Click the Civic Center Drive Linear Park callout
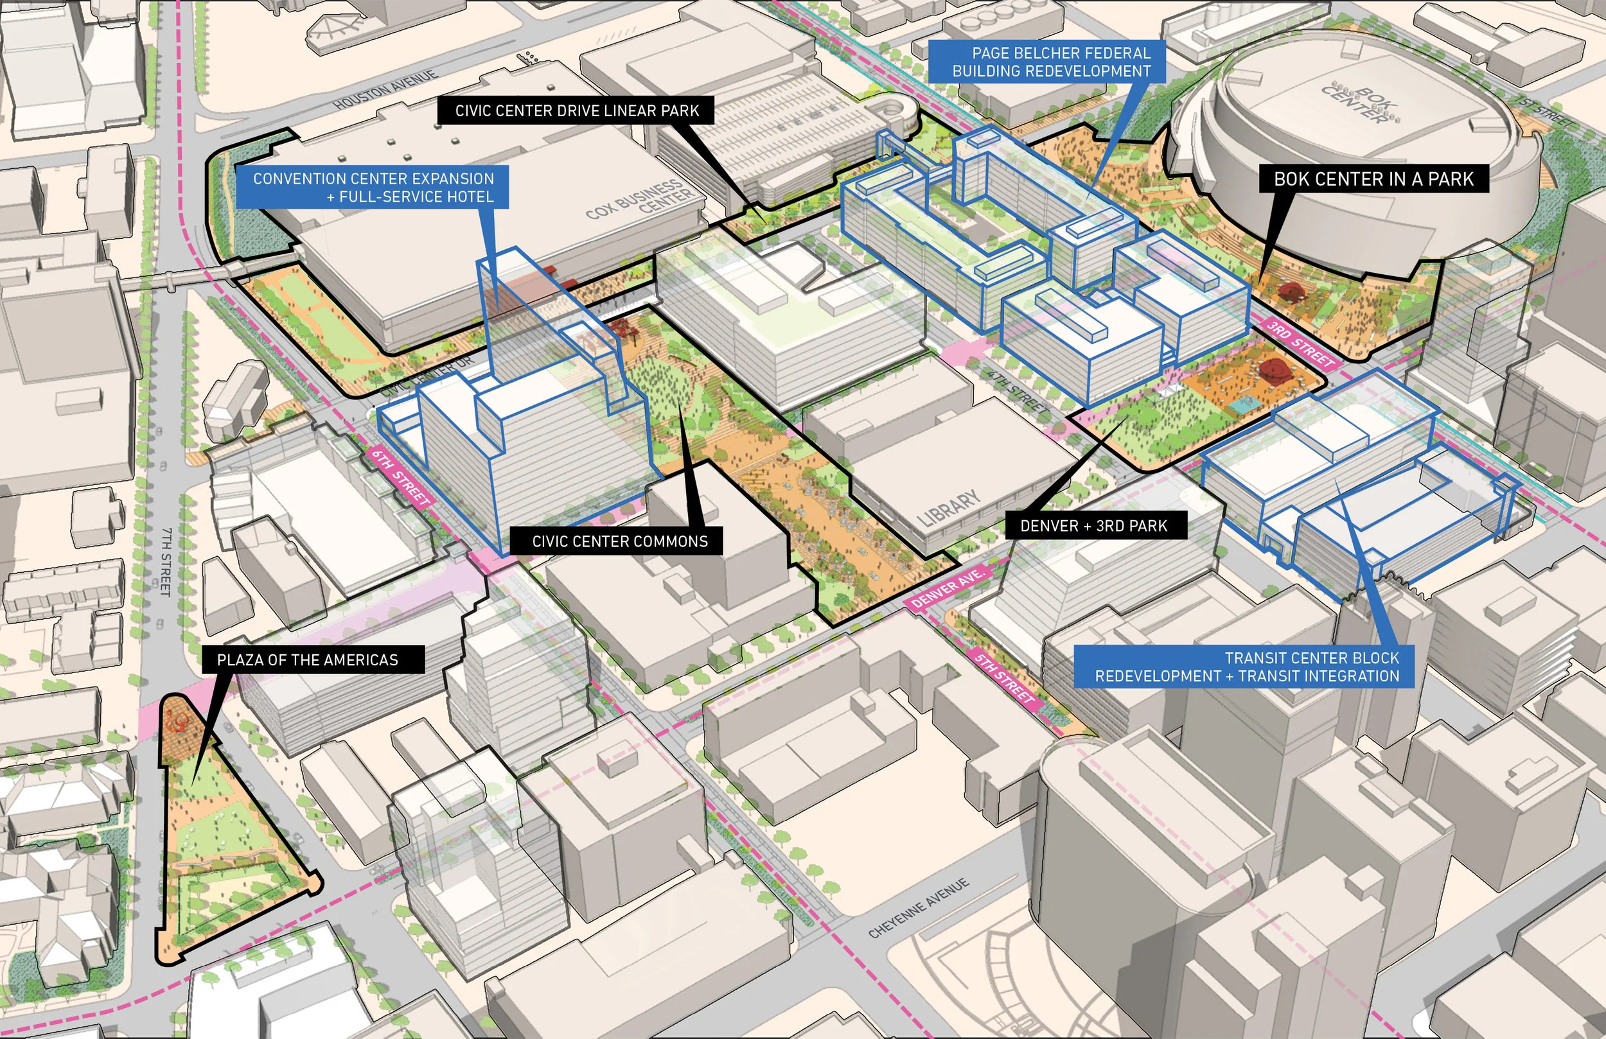coord(576,110)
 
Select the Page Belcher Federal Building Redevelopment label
coord(1051,62)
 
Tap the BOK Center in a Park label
coord(1373,179)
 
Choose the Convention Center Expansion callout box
coord(373,188)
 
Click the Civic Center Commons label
coord(619,542)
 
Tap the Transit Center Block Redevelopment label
coord(1246,667)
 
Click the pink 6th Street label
coord(401,477)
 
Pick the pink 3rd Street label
coord(1300,344)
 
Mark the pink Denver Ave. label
coord(946,589)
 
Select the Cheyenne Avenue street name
coord(919,908)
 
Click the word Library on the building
coord(949,508)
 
